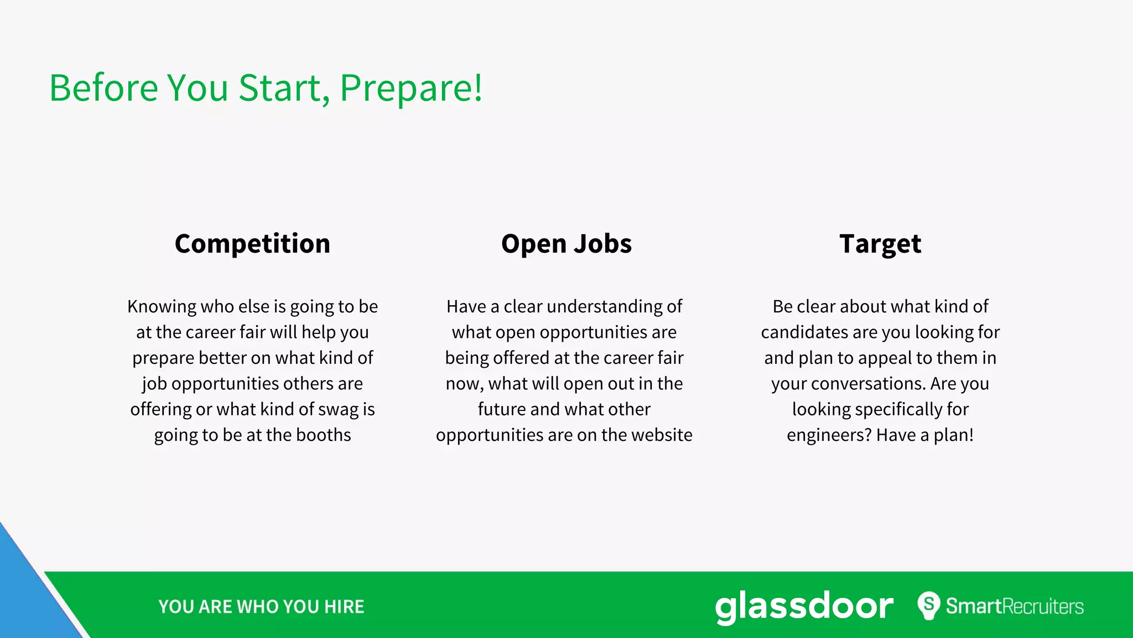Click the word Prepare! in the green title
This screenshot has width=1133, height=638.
(x=411, y=89)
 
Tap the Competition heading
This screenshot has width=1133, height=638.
(x=252, y=244)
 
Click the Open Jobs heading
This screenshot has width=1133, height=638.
(x=566, y=244)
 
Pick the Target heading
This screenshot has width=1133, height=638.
(x=880, y=244)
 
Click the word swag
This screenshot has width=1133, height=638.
(x=338, y=410)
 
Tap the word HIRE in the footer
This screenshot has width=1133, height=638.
(x=344, y=607)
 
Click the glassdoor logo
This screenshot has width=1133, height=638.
(x=804, y=607)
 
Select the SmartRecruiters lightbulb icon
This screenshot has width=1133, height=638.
(x=929, y=605)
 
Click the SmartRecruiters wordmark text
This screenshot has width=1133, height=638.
(x=1015, y=606)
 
